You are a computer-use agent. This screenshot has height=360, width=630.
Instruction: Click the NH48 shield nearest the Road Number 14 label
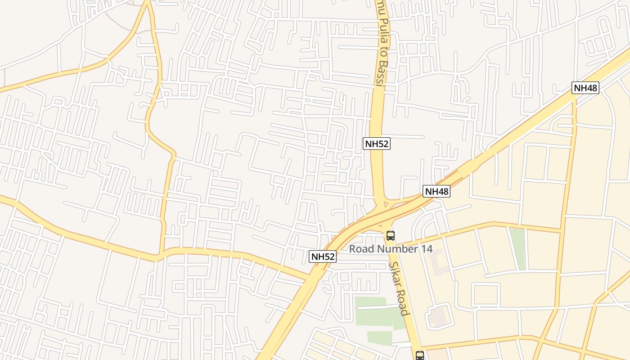click(x=436, y=191)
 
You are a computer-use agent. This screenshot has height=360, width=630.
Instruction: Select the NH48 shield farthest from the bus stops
click(x=585, y=88)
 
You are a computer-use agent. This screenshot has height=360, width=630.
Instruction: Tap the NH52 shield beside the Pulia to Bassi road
click(x=376, y=144)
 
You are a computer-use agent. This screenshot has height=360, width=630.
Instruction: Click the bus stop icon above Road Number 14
click(x=390, y=235)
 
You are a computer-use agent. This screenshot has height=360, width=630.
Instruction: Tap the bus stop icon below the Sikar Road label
click(x=420, y=355)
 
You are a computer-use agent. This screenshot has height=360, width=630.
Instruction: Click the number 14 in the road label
click(x=425, y=249)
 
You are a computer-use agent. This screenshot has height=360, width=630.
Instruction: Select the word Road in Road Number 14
click(x=361, y=249)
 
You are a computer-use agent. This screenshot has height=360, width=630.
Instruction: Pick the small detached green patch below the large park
click(x=379, y=337)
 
